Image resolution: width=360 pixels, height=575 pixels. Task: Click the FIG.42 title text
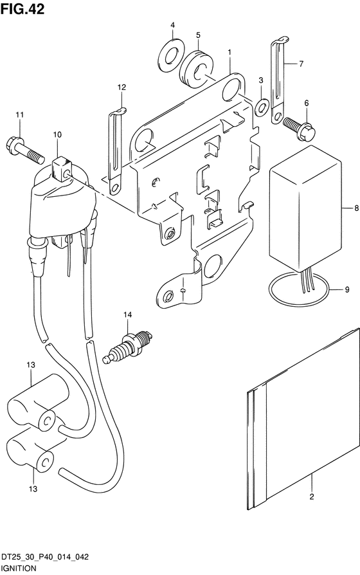click(x=22, y=9)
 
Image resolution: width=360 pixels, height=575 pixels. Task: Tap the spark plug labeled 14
click(x=127, y=347)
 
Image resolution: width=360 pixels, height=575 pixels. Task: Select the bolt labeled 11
click(x=25, y=150)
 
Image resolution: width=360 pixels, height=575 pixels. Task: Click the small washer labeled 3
click(x=262, y=106)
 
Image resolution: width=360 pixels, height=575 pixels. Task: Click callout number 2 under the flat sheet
click(x=312, y=497)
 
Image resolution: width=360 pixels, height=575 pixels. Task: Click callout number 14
click(x=127, y=315)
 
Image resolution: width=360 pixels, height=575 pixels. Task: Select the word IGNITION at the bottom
click(x=19, y=569)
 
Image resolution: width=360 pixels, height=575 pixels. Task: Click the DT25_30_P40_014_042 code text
click(x=44, y=558)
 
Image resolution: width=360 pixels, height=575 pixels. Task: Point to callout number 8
click(x=356, y=208)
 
